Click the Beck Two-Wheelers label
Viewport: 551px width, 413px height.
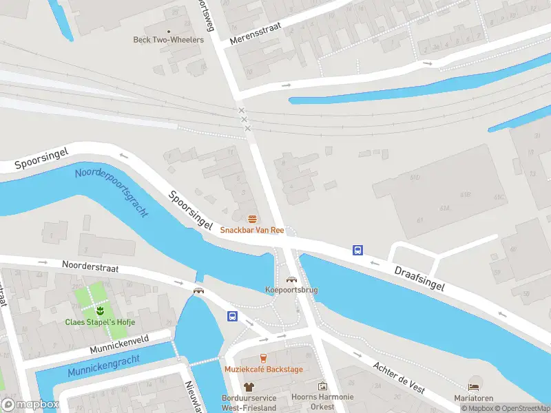click(168, 40)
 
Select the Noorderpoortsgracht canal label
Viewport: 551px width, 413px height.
click(112, 192)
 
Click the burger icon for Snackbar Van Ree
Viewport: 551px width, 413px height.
click(253, 219)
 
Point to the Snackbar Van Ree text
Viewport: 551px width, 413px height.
click(252, 230)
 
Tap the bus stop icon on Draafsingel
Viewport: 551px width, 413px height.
click(358, 251)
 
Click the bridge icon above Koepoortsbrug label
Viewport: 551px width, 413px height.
click(291, 279)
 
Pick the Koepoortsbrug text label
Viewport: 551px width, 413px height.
click(291, 290)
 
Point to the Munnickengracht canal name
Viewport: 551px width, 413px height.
click(103, 366)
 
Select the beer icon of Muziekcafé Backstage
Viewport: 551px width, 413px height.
click(262, 358)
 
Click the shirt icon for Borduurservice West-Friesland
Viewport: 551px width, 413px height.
click(249, 387)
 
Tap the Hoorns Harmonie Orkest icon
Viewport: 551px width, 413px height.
click(322, 386)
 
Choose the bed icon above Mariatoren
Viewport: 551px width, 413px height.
click(473, 387)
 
